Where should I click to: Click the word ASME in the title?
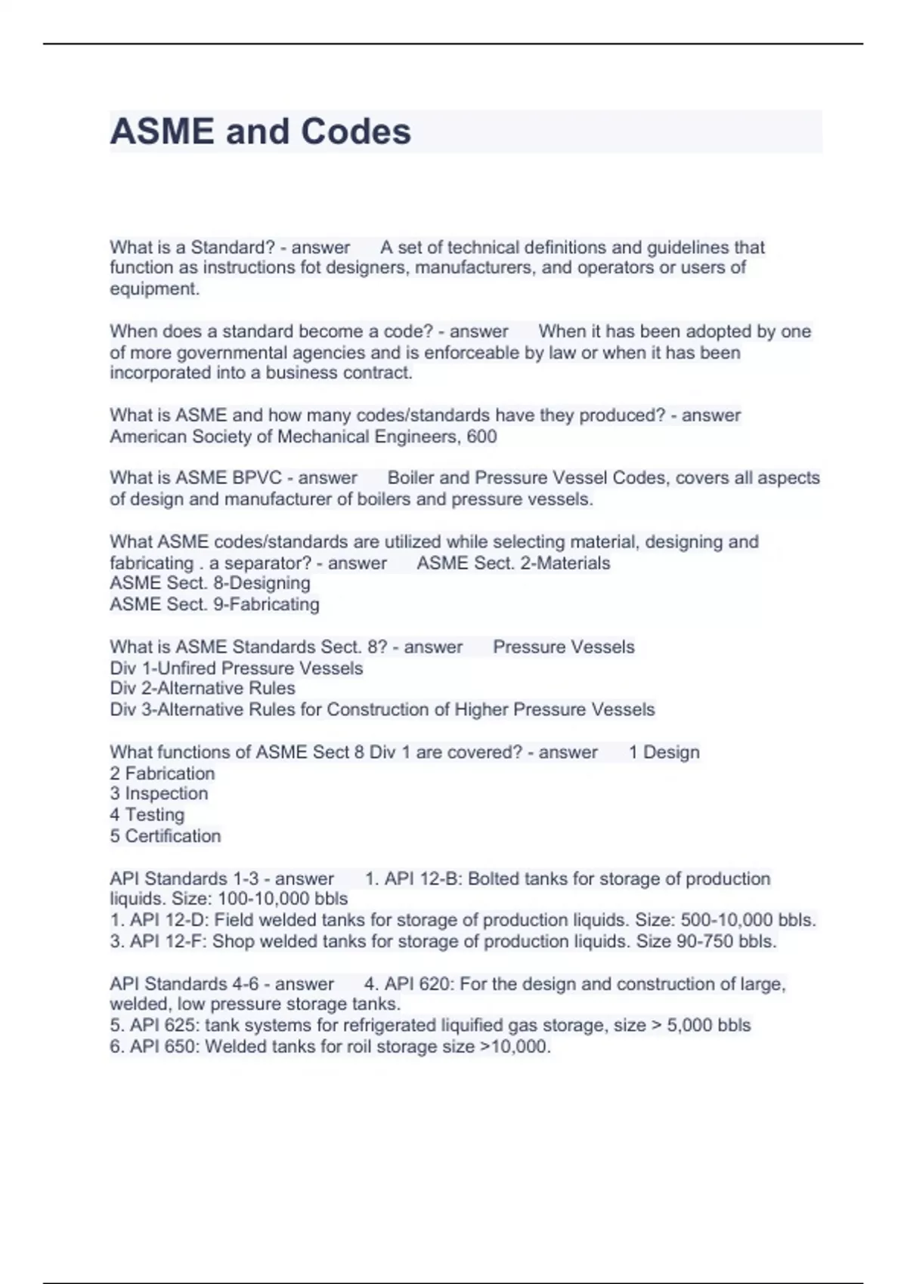click(162, 131)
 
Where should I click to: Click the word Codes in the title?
click(356, 131)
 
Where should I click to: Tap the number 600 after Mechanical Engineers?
click(482, 437)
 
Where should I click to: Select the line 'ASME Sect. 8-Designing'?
click(210, 583)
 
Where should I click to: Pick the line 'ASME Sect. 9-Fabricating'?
click(215, 604)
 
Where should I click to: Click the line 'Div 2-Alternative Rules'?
click(203, 688)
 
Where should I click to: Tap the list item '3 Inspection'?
click(159, 793)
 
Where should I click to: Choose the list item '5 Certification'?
click(166, 836)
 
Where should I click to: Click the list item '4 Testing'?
click(147, 815)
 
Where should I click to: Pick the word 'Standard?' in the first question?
click(233, 247)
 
